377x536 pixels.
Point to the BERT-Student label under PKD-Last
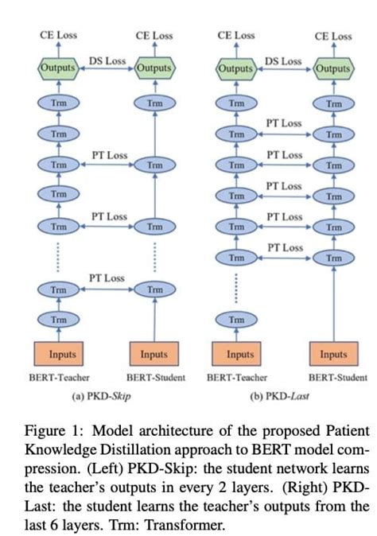pos(338,377)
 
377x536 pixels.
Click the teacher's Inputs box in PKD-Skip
pos(58,352)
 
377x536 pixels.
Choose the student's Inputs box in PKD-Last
pos(333,352)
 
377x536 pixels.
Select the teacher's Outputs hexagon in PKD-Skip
pos(58,68)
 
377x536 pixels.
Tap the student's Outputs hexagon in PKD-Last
pos(333,68)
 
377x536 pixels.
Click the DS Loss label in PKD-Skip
pos(107,60)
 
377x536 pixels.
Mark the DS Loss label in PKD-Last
pos(283,60)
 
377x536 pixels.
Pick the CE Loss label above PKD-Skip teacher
pos(58,36)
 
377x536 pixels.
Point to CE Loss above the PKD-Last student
pos(333,36)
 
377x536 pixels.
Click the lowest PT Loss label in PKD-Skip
pos(107,278)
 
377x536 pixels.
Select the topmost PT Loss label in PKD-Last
pos(284,123)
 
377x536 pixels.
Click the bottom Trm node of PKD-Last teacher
pos(236,320)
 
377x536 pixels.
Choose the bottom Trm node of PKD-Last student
pos(333,258)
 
